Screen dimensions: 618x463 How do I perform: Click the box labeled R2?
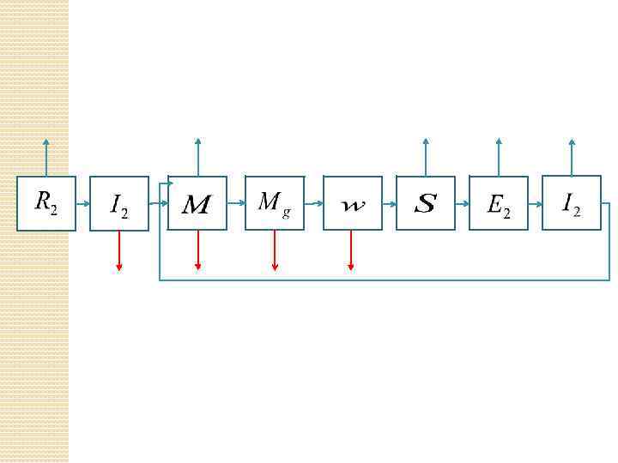[x=46, y=203]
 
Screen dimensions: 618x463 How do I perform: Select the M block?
[x=197, y=203]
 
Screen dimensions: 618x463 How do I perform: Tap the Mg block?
[x=275, y=203]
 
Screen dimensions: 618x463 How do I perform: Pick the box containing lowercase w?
[x=352, y=203]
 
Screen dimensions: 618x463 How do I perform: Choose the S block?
[x=426, y=203]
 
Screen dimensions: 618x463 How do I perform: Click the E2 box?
[x=499, y=203]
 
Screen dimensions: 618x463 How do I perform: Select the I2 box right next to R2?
[x=119, y=203]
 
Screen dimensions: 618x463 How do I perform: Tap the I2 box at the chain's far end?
[x=572, y=203]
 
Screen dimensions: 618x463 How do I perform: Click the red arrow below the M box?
[x=197, y=251]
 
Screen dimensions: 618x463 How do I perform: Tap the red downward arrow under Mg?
[x=275, y=251]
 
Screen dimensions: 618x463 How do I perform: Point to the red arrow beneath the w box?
[x=351, y=251]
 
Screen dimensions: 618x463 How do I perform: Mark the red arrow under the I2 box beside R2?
[x=119, y=251]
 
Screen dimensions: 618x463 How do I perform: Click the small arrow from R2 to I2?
[x=82, y=204]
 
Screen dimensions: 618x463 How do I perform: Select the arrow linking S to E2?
[x=462, y=204]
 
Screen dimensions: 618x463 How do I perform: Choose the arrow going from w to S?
[x=389, y=204]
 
